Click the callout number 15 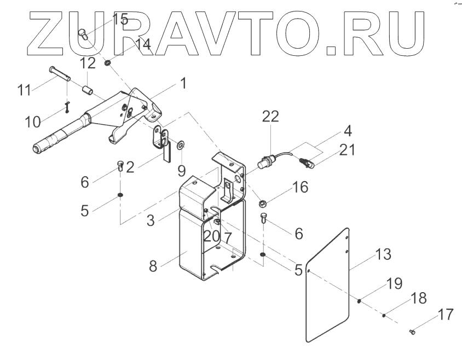click(x=120, y=20)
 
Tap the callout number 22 click(x=270, y=117)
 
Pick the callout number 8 click(x=153, y=266)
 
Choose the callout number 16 click(x=300, y=188)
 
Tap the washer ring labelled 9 click(x=180, y=145)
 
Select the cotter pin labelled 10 click(x=66, y=105)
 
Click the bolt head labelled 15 click(x=83, y=34)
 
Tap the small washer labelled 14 click(x=108, y=63)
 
